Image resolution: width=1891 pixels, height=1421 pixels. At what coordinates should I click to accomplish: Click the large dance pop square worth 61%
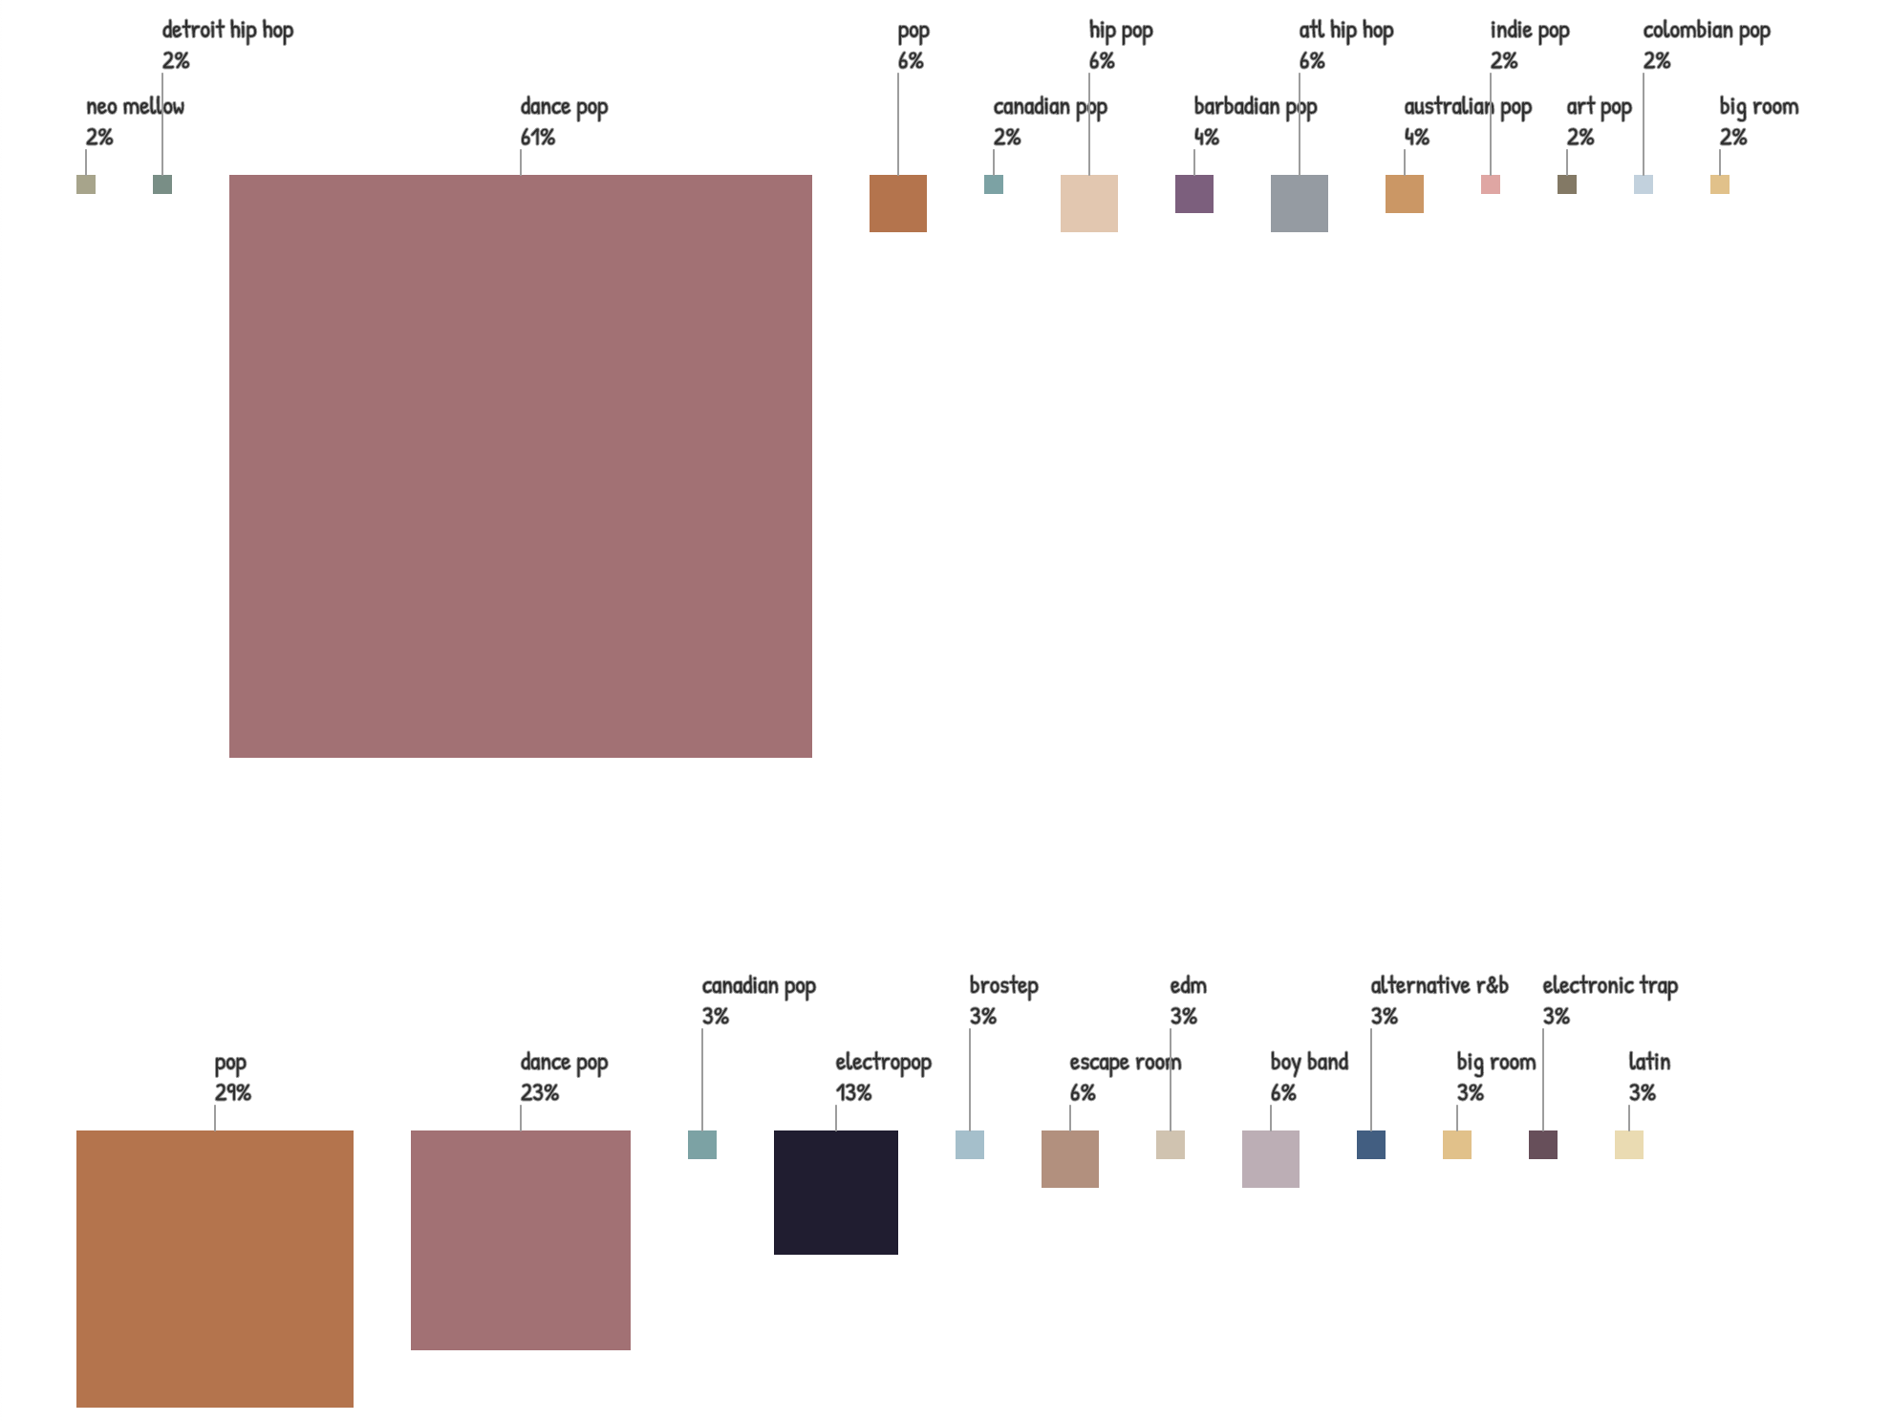[520, 465]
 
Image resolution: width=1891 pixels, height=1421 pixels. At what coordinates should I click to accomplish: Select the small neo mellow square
[86, 184]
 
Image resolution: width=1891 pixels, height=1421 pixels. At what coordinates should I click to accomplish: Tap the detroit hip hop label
[227, 31]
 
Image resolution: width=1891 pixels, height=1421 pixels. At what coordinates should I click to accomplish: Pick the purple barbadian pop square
[1193, 194]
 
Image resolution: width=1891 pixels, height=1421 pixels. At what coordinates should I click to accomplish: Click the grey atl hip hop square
[1299, 204]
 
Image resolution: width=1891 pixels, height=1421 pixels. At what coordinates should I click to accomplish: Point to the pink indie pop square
[1490, 184]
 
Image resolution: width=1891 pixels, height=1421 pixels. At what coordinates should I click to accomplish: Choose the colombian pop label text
[1706, 31]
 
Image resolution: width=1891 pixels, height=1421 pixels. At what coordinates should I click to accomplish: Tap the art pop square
[1566, 184]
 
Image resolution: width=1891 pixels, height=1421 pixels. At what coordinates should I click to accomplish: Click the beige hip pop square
[1088, 204]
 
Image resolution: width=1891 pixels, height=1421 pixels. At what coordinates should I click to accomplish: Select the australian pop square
[1404, 194]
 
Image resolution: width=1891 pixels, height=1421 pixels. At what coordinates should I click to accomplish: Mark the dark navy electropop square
[835, 1192]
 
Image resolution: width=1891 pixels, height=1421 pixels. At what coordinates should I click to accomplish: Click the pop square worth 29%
[214, 1268]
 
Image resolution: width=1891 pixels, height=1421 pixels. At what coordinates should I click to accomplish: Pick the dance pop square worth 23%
[520, 1239]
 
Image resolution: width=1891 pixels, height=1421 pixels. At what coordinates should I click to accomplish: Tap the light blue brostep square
[969, 1144]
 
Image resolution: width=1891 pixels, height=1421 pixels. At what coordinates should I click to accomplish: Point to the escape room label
[1125, 1063]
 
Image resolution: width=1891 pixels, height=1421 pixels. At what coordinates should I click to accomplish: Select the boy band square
[1270, 1158]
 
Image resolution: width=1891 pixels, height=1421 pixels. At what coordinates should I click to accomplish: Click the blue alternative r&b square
[1370, 1144]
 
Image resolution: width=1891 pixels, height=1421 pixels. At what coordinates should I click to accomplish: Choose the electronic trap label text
[1609, 986]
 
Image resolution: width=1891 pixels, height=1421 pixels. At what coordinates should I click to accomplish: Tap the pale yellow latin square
[1628, 1144]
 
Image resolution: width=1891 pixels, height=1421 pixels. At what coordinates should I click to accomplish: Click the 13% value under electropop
[853, 1092]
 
